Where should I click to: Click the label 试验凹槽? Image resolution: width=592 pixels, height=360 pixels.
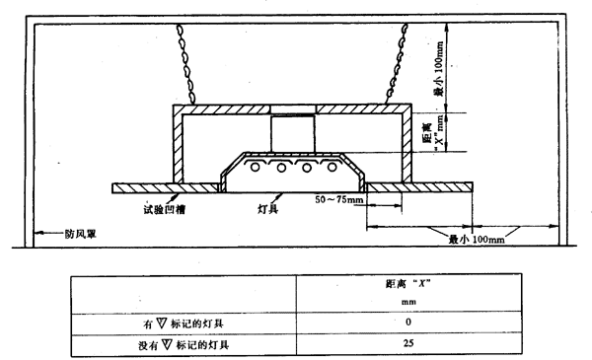(164, 209)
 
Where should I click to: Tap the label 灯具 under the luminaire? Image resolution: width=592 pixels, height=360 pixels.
(267, 208)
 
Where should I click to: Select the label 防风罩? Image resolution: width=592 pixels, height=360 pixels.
(81, 234)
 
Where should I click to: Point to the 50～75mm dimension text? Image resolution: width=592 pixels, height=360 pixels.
(338, 199)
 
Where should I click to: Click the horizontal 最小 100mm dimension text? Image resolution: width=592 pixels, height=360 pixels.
(477, 240)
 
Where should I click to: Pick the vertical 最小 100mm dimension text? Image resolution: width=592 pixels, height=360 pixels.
(439, 69)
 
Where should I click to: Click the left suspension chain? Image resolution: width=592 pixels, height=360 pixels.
(185, 63)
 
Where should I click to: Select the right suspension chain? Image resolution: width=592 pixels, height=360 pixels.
(397, 63)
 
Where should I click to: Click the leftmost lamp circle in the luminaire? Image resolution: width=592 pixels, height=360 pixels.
(256, 167)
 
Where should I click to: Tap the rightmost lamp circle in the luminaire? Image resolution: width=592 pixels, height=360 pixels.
(332, 167)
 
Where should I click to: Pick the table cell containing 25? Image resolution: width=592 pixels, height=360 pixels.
(408, 344)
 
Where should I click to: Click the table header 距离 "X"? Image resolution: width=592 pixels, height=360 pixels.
(408, 283)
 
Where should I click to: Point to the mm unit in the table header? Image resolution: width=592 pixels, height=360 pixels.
(408, 302)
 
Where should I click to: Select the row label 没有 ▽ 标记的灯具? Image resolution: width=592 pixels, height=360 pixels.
(184, 344)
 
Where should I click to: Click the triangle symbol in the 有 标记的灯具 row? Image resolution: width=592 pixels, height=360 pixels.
(161, 324)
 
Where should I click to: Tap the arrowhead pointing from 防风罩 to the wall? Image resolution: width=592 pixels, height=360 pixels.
(38, 233)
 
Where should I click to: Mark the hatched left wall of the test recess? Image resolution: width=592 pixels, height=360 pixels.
(178, 145)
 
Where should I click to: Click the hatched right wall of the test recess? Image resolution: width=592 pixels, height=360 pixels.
(407, 145)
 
